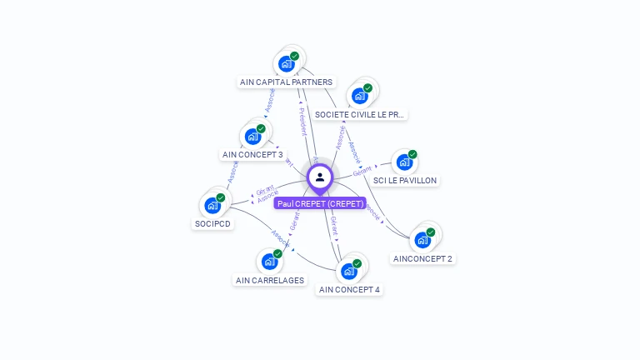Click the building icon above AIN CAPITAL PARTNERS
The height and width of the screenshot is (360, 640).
pyautogui.click(x=287, y=63)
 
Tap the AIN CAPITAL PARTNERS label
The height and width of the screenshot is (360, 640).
pyautogui.click(x=287, y=82)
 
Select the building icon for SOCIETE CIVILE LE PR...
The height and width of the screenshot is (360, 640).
pyautogui.click(x=360, y=95)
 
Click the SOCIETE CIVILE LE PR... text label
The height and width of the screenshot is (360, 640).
pyautogui.click(x=361, y=114)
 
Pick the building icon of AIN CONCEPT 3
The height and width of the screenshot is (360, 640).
pyautogui.click(x=253, y=136)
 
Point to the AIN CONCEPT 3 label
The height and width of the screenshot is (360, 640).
pyautogui.click(x=252, y=155)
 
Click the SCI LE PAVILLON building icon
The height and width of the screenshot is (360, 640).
pyautogui.click(x=404, y=162)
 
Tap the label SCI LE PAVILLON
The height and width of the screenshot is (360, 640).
pyautogui.click(x=405, y=180)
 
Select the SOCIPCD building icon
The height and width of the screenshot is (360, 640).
pyautogui.click(x=212, y=205)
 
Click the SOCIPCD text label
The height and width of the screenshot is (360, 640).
pyautogui.click(x=212, y=223)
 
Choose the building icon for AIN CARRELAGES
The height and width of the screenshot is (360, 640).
pyautogui.click(x=269, y=262)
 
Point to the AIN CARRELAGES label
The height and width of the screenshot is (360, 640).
pyautogui.click(x=269, y=280)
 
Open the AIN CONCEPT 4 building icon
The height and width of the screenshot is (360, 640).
pyautogui.click(x=349, y=271)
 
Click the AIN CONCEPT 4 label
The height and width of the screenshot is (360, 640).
pyautogui.click(x=350, y=290)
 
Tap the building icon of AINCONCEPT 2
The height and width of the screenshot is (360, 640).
pyautogui.click(x=422, y=240)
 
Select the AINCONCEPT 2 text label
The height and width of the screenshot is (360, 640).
pyautogui.click(x=423, y=258)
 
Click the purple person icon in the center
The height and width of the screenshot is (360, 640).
pyautogui.click(x=320, y=177)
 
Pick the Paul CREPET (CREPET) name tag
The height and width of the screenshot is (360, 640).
pyautogui.click(x=320, y=203)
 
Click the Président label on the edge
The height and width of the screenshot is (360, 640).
pyautogui.click(x=302, y=121)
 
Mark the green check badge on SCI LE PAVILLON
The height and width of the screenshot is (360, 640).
pyautogui.click(x=412, y=154)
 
